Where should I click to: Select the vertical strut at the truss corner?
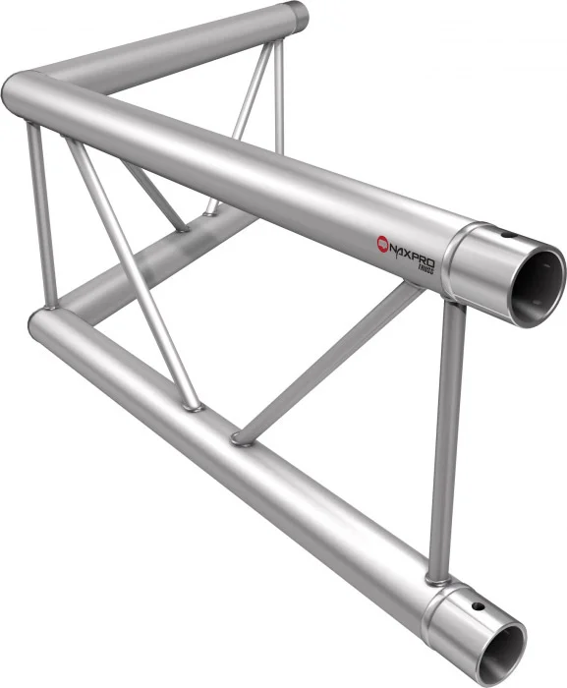41,216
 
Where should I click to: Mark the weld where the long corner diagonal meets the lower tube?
193,404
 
